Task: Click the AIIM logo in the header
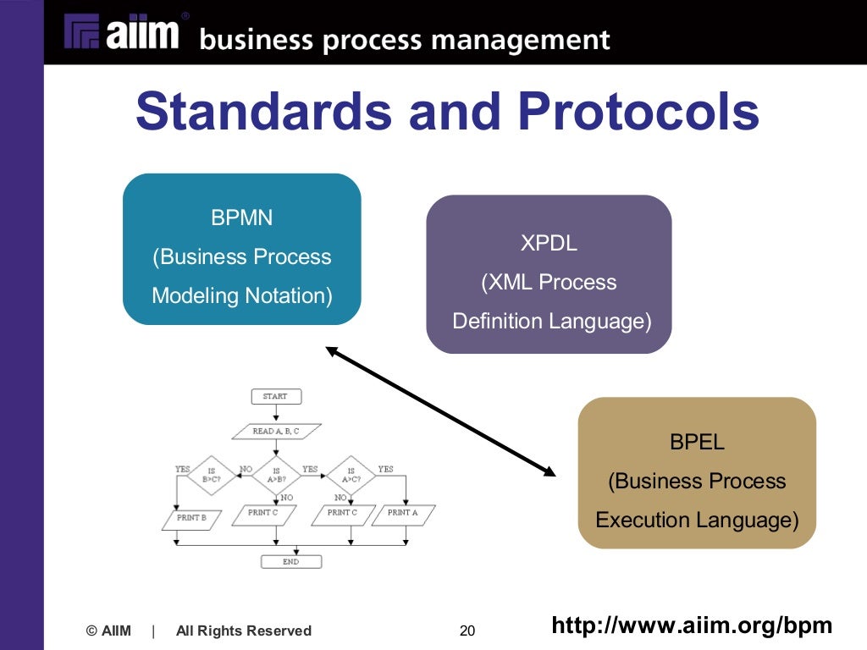click(124, 34)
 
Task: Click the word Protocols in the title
click(639, 112)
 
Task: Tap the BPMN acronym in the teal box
click(242, 218)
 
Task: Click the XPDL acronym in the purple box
click(549, 243)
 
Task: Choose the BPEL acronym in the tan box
click(697, 442)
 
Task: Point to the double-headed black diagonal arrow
click(440, 410)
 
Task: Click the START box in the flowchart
click(275, 396)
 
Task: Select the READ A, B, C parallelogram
click(276, 431)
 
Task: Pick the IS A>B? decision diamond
click(276, 474)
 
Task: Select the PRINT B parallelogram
click(191, 517)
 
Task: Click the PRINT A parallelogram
click(403, 514)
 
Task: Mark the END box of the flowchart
click(290, 561)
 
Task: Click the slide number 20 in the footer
click(467, 631)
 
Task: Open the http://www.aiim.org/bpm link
click(692, 625)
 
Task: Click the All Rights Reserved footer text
click(244, 631)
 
